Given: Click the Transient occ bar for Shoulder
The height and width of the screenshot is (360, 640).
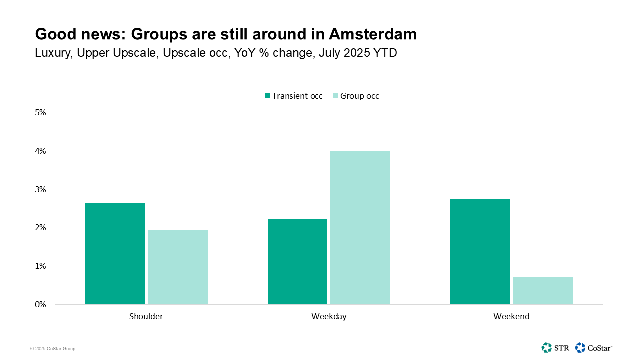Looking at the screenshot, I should [115, 254].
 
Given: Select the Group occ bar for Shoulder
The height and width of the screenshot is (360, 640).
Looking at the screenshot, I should [177, 267].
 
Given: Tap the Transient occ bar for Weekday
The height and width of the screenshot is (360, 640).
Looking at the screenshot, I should [297, 262].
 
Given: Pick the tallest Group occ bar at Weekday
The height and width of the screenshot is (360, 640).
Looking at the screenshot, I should [360, 228].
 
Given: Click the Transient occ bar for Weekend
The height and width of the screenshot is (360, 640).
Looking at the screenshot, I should [480, 252].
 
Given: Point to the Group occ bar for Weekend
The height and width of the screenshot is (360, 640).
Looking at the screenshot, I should [542, 291].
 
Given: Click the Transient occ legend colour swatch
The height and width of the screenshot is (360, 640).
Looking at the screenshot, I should [267, 96].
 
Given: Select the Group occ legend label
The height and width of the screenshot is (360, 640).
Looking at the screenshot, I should [359, 96].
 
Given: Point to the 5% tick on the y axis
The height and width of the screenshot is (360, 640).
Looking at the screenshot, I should [40, 113].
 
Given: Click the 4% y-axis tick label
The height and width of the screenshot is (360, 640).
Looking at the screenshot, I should [40, 151].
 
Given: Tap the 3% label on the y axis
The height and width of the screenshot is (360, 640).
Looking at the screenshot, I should [40, 189].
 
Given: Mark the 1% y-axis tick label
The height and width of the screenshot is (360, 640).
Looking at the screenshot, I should [40, 266].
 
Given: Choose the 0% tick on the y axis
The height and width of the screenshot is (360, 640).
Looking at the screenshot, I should [40, 304].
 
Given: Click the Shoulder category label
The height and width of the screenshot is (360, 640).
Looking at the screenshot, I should [146, 316].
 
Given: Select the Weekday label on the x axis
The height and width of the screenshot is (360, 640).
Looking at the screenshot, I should [329, 316].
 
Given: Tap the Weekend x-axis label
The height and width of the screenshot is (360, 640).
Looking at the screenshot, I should [511, 316].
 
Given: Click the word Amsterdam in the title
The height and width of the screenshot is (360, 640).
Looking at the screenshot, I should [373, 34].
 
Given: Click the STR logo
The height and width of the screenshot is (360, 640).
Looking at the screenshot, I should [555, 347].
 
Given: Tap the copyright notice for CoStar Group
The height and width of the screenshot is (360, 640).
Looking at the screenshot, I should [52, 349].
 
